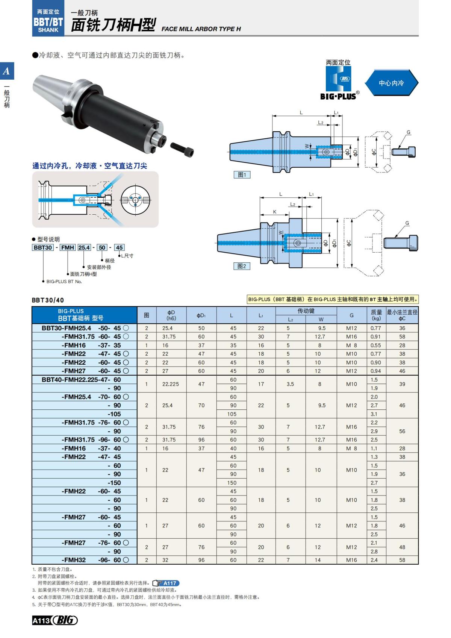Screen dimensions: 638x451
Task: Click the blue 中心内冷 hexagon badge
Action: [x=391, y=83]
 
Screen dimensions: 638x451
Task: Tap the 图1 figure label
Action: [x=242, y=175]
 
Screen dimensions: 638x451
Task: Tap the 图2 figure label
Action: [x=242, y=266]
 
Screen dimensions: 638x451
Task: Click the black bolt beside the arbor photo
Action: [x=182, y=150]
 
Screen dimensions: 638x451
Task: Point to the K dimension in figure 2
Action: [x=275, y=212]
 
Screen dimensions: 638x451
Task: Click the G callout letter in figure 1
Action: [x=409, y=132]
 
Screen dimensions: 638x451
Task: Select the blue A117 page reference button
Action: [x=166, y=583]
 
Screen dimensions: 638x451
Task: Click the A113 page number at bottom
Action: [x=41, y=621]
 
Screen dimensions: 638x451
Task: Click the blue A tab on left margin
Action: [x=7, y=71]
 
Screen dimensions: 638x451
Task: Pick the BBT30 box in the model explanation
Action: [x=43, y=247]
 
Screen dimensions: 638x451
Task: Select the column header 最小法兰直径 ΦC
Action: [x=402, y=315]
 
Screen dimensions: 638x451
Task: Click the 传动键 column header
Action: [x=306, y=311]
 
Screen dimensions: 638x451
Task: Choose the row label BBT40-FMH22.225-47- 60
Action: [x=82, y=380]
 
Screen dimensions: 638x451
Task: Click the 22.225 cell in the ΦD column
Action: [x=171, y=384]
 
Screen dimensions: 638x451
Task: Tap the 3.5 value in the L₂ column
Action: [x=290, y=384]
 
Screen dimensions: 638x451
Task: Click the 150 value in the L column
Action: [x=232, y=483]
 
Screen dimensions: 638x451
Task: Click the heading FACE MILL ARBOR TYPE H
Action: [x=201, y=29]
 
